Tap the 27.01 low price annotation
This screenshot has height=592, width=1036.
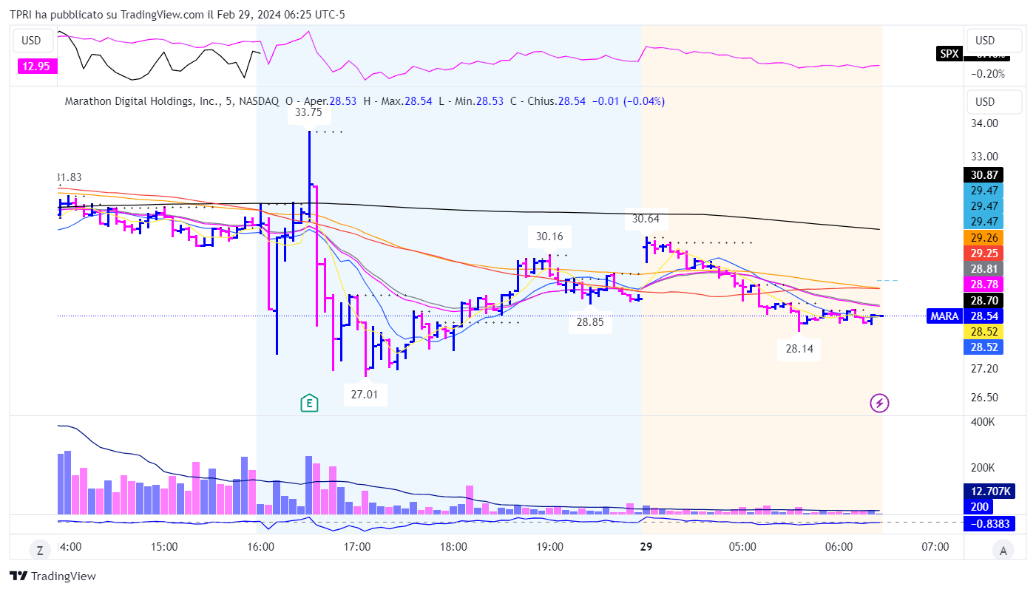coord(365,395)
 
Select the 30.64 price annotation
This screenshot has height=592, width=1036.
coord(646,220)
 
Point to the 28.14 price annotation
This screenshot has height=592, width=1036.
coord(799,350)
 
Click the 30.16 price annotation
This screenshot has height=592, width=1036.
coord(549,237)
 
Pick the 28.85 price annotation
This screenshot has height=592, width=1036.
coord(590,322)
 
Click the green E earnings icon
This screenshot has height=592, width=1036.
coord(309,403)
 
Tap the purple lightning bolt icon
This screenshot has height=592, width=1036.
coord(879,403)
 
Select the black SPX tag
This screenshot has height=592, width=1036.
coord(947,53)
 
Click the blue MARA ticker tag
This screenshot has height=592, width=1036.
coord(944,316)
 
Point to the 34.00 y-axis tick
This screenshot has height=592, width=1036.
coord(985,123)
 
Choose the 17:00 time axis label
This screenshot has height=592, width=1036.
coord(357,548)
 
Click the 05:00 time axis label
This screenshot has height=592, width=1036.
coord(742,548)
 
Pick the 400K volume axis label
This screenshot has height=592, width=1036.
coord(983,421)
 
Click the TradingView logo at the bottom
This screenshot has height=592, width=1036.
coord(53,576)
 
